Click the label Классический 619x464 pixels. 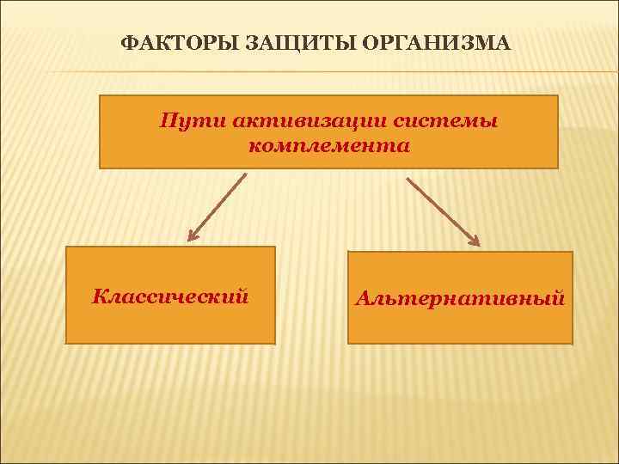coord(170,297)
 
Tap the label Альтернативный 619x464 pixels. coord(460,298)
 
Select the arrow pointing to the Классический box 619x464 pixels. coord(218,206)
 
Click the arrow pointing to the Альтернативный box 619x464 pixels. coord(443,211)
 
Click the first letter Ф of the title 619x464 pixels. coord(126,44)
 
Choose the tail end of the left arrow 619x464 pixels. coord(245,175)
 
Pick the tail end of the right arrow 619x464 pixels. coord(408,180)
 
